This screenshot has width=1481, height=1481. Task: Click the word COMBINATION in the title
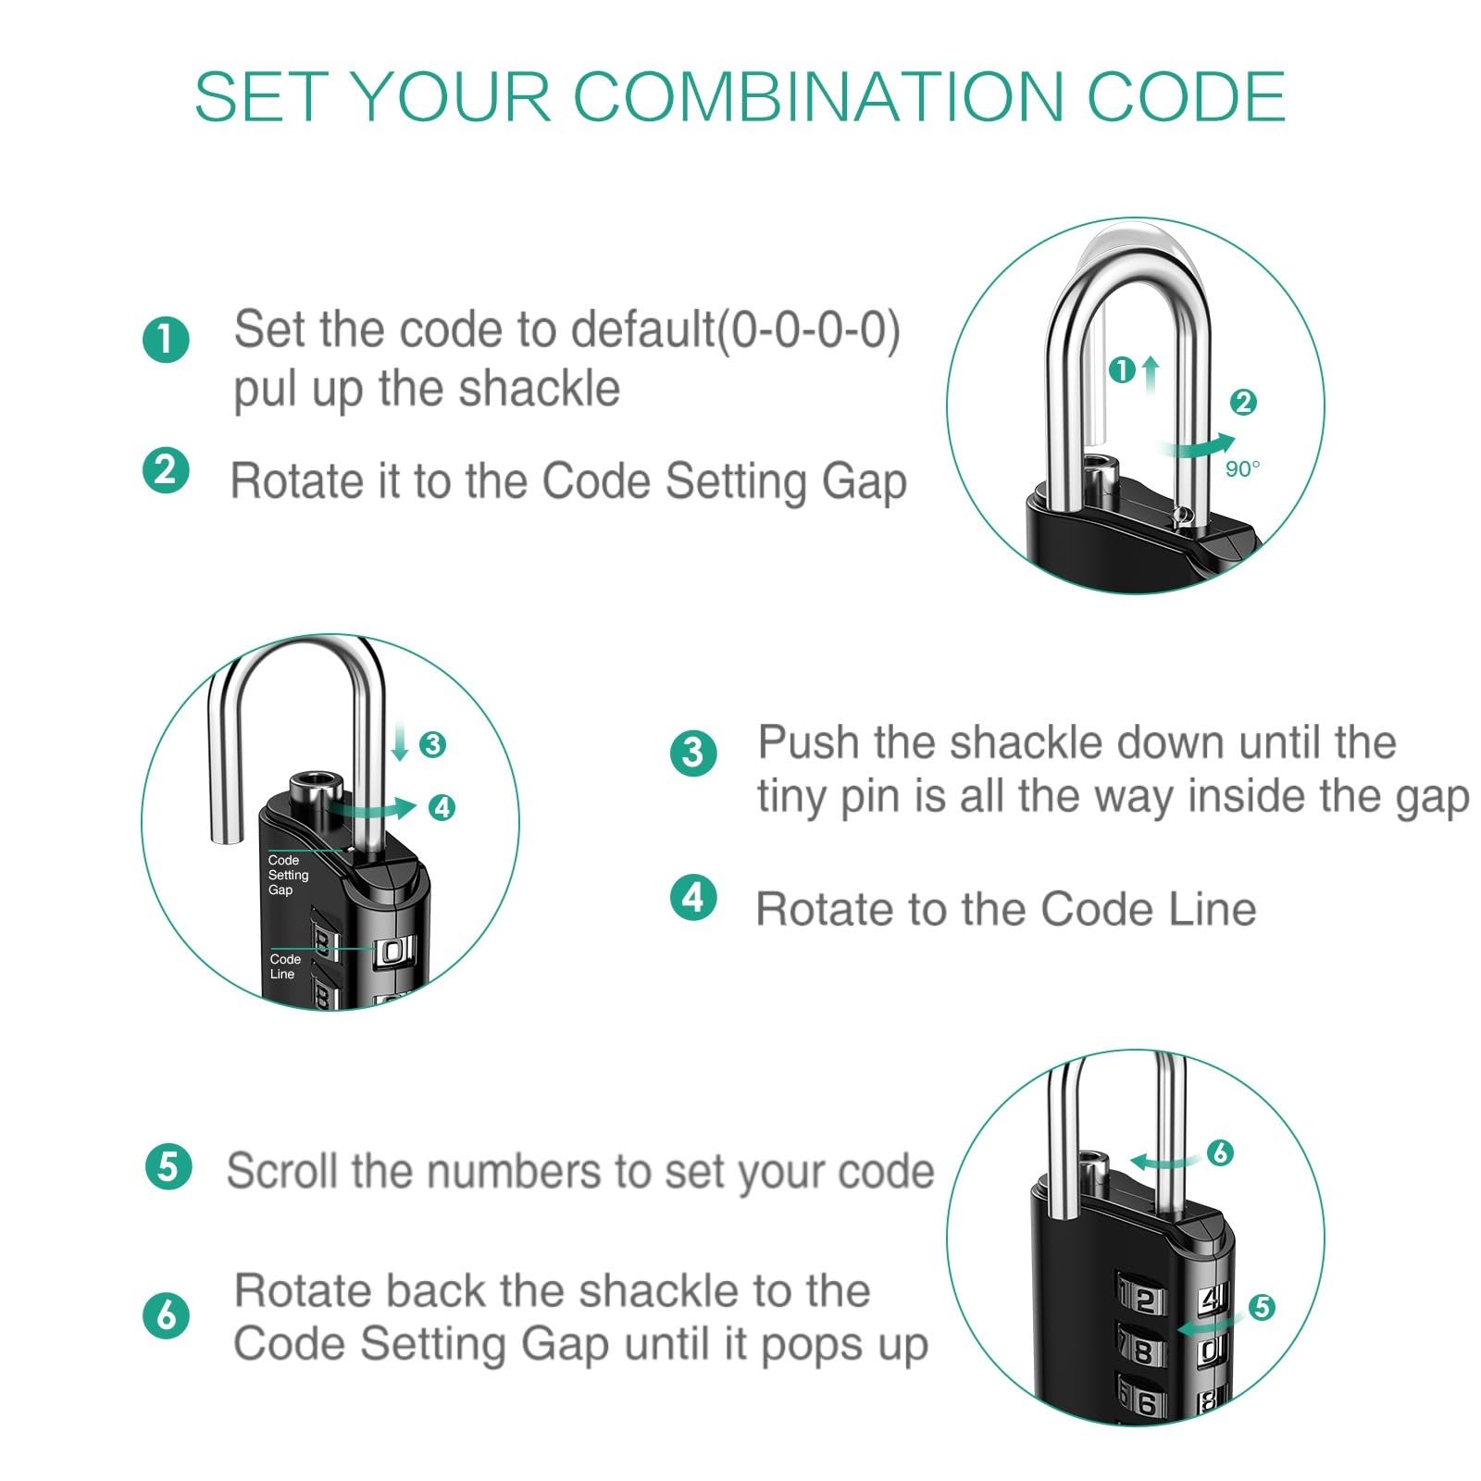(x=819, y=96)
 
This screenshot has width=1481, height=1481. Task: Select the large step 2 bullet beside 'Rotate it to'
(x=166, y=470)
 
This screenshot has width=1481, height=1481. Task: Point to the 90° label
(x=1242, y=469)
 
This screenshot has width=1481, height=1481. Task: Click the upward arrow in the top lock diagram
(x=1151, y=375)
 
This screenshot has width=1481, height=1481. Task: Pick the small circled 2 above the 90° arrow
(x=1243, y=402)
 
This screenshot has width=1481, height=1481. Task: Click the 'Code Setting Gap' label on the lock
(x=288, y=875)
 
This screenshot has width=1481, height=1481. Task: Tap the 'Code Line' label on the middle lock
(x=285, y=966)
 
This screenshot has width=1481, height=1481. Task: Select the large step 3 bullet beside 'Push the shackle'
(x=693, y=752)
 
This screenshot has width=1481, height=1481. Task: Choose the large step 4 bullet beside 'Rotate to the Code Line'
(x=693, y=898)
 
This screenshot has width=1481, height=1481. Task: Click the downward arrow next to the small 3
(x=400, y=743)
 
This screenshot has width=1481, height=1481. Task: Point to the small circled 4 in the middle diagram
(x=442, y=808)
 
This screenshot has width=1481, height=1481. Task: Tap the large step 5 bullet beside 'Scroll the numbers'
(x=168, y=1166)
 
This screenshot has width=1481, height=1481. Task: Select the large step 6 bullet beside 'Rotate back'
(x=166, y=1315)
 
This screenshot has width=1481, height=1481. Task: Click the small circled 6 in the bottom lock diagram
(x=1220, y=1152)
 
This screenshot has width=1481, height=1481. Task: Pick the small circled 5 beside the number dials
(x=1262, y=1307)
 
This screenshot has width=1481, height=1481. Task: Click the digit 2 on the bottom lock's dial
(x=1144, y=1301)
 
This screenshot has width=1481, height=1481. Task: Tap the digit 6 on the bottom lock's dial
(x=1146, y=1403)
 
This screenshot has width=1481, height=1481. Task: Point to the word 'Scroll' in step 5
(x=284, y=1171)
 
